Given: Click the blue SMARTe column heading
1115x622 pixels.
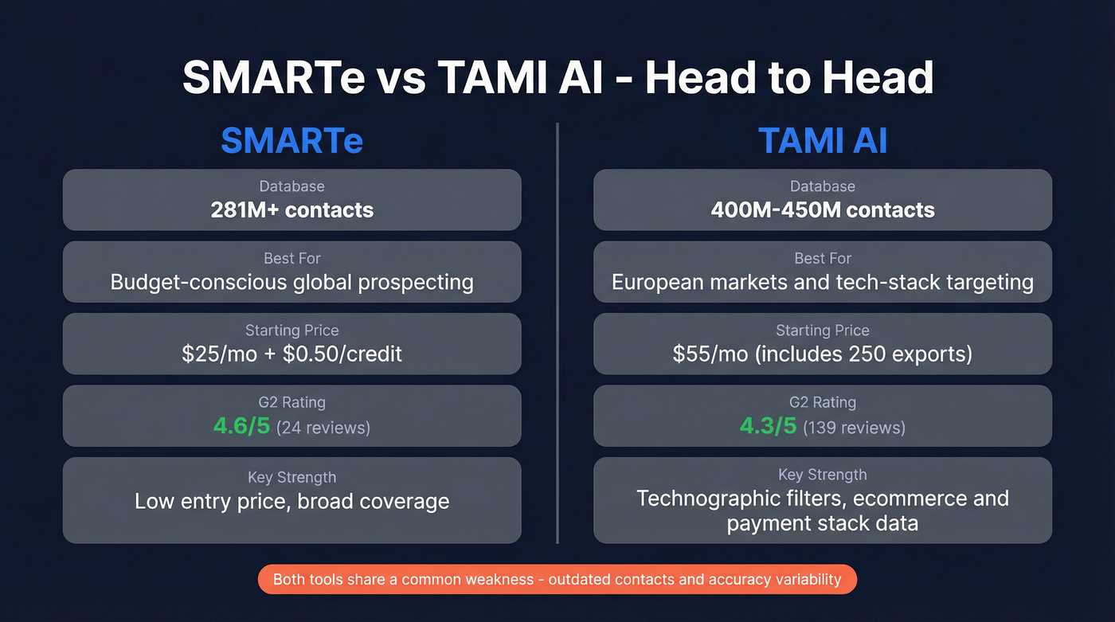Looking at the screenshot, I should pyautogui.click(x=291, y=141).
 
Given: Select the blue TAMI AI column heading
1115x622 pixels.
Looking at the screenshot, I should pyautogui.click(x=823, y=141).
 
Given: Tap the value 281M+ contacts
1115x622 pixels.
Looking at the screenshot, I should pyautogui.click(x=291, y=210).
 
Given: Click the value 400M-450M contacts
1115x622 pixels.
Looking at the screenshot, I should pyautogui.click(x=823, y=210).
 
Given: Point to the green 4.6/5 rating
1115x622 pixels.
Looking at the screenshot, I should pyautogui.click(x=241, y=426).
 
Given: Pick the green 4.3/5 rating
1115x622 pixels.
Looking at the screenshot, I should pyautogui.click(x=768, y=426).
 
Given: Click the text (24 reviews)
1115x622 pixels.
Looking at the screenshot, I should pyautogui.click(x=323, y=428).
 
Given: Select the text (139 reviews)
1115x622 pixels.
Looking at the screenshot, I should pyautogui.click(x=854, y=428).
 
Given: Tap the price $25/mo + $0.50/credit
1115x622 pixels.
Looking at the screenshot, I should pyautogui.click(x=291, y=354).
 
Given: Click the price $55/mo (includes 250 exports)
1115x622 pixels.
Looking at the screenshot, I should pyautogui.click(x=823, y=354).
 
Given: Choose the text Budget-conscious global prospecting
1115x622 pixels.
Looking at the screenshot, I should pyautogui.click(x=291, y=282).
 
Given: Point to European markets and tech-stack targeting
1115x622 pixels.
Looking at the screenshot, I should pyautogui.click(x=823, y=282).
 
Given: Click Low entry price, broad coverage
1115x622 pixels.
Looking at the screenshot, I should pyautogui.click(x=291, y=502).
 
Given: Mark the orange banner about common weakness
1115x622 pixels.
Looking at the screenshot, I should pyautogui.click(x=557, y=579).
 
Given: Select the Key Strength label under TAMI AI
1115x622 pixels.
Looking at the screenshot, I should pyautogui.click(x=823, y=475).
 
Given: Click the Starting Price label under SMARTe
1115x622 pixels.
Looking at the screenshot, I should pyautogui.click(x=291, y=331).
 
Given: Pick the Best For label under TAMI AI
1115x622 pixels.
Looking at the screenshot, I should pyautogui.click(x=823, y=259).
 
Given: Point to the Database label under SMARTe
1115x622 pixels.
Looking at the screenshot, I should pyautogui.click(x=291, y=186).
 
